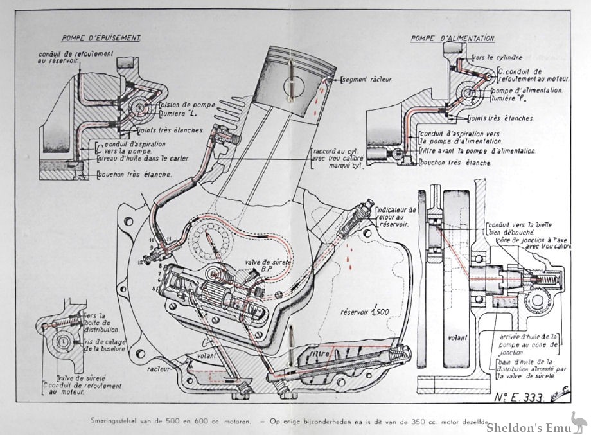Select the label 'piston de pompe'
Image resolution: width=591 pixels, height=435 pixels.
(186, 105)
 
